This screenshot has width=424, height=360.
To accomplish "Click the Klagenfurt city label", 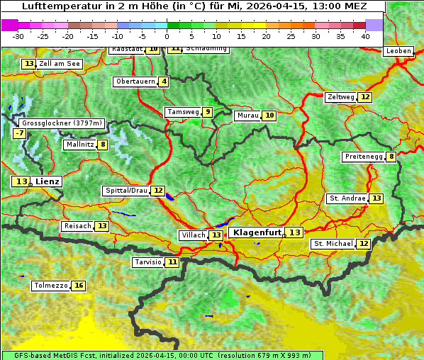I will click(x=257, y=232).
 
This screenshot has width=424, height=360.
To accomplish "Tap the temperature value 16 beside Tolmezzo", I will click(x=79, y=286).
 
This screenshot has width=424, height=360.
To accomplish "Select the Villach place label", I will click(x=193, y=235).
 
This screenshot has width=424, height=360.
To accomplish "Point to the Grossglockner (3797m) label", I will click(x=61, y=123).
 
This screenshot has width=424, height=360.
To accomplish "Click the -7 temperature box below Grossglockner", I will click(x=19, y=133).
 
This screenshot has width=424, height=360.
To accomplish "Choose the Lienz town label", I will click(x=48, y=181).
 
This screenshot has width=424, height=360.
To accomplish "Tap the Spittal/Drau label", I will click(x=125, y=191).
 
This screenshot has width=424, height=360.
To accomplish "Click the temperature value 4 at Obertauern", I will click(x=164, y=81).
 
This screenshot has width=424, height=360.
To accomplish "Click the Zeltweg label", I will click(x=340, y=97).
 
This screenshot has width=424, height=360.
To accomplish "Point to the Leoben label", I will click(x=398, y=51).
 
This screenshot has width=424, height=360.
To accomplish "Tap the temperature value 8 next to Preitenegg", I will click(x=391, y=157).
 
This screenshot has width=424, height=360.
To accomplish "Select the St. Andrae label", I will click(x=347, y=198).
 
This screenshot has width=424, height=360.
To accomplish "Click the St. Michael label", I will click(x=333, y=244).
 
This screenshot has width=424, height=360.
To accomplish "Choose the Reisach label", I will click(x=77, y=226).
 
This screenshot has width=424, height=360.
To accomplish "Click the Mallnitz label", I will click(x=79, y=145).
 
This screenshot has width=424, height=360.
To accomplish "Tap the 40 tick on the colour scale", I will click(x=365, y=36).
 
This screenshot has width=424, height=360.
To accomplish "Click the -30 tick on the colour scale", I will click(x=18, y=36).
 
